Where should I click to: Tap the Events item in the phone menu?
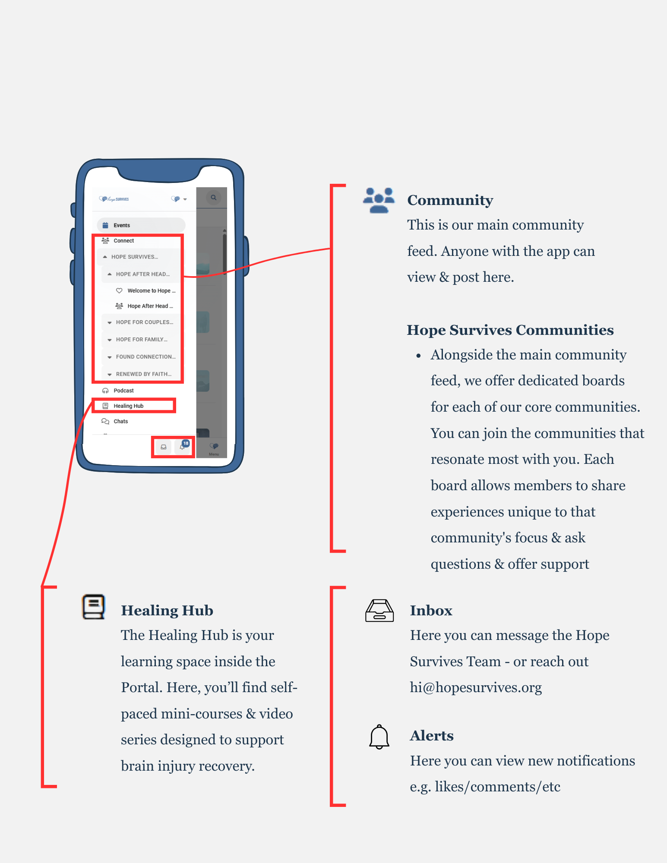pyautogui.click(x=122, y=225)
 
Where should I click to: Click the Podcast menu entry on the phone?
pyautogui.click(x=123, y=391)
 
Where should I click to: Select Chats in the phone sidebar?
pyautogui.click(x=120, y=421)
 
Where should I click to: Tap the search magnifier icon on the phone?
pyautogui.click(x=213, y=198)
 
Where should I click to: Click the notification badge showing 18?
pyautogui.click(x=186, y=444)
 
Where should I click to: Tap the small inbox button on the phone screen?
pyautogui.click(x=164, y=447)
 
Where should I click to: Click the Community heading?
pyautogui.click(x=450, y=200)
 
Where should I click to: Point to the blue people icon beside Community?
pyautogui.click(x=379, y=200)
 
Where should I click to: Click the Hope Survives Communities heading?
pyautogui.click(x=510, y=330)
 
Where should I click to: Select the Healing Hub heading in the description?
pyautogui.click(x=167, y=611)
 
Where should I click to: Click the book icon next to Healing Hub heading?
pyautogui.click(x=94, y=607)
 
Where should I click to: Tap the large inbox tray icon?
pyautogui.click(x=379, y=611)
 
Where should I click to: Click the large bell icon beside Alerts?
pyautogui.click(x=379, y=737)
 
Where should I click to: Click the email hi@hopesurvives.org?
pyautogui.click(x=476, y=687)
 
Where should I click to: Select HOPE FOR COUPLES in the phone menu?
pyautogui.click(x=144, y=322)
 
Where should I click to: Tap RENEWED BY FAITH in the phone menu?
pyautogui.click(x=143, y=374)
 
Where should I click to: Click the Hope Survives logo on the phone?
pyautogui.click(x=114, y=199)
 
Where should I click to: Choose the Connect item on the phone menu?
pyautogui.click(x=123, y=241)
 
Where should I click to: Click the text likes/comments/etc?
pyautogui.click(x=497, y=787)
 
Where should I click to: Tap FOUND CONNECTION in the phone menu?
pyautogui.click(x=145, y=357)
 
